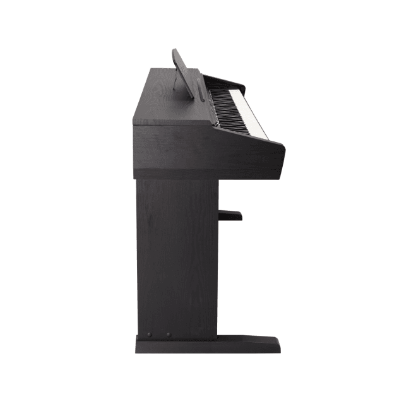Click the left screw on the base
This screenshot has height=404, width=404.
point(150,335)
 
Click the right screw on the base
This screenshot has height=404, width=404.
point(168,335)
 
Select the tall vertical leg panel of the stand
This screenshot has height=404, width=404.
point(177,259)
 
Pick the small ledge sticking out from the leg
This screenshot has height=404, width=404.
point(230,215)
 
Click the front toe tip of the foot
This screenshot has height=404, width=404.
point(278,345)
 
